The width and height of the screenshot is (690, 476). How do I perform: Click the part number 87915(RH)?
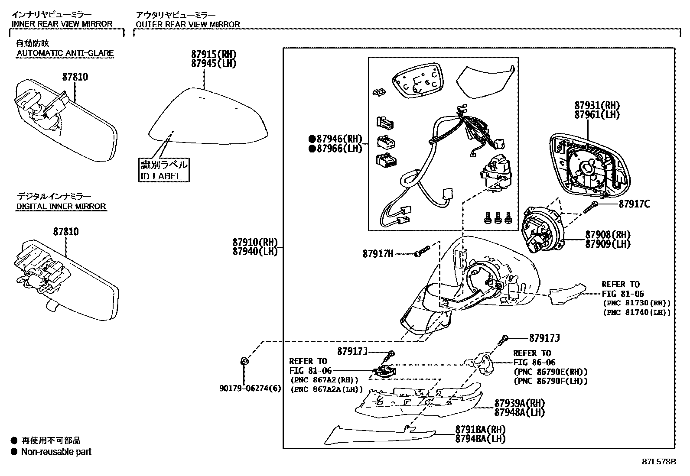214,55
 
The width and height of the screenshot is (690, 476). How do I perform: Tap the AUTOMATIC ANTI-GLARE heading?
65,53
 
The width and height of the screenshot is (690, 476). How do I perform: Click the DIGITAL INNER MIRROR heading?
61,206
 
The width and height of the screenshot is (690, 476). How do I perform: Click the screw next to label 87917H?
422,251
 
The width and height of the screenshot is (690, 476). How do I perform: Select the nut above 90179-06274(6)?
244,360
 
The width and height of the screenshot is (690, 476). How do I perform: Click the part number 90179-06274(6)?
250,389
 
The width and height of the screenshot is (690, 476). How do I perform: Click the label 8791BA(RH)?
480,429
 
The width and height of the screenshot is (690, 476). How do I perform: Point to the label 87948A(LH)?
519,412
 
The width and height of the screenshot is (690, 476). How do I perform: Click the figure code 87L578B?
659,461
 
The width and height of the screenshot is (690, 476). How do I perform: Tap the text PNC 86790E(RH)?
550,372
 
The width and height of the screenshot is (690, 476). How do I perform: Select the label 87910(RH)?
254,243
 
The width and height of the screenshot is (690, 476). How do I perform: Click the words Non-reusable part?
56,452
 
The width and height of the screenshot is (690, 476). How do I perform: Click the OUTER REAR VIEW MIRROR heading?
188,24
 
